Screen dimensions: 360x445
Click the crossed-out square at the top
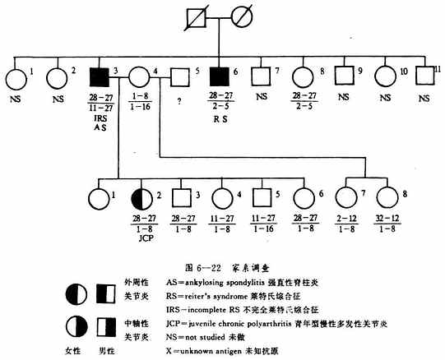[x=196, y=16]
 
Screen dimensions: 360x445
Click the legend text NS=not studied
[x=201, y=336]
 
